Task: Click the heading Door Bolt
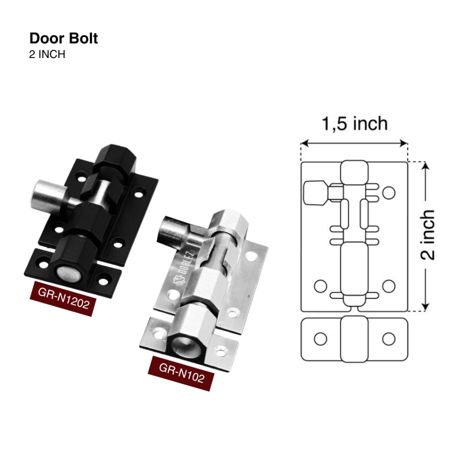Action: coord(63,39)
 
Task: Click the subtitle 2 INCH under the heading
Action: coord(47,54)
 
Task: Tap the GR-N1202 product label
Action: coord(63,298)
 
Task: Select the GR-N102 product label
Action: coord(181,373)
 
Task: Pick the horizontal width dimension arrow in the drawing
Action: coord(354,143)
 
